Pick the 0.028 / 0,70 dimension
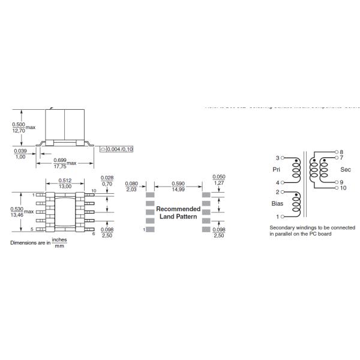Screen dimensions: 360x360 (x=107, y=180)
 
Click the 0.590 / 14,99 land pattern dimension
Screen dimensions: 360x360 (x=178, y=187)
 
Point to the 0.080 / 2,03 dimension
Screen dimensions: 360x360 (x=131, y=187)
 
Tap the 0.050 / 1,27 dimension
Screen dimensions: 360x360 (x=219, y=180)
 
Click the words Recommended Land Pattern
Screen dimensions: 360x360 (x=178, y=212)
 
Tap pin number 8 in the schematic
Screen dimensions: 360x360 (x=341, y=152)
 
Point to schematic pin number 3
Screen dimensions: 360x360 (x=277, y=158)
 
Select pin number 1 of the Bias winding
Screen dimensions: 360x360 (x=277, y=216)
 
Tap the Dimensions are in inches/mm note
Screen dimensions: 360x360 (x=38, y=242)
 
